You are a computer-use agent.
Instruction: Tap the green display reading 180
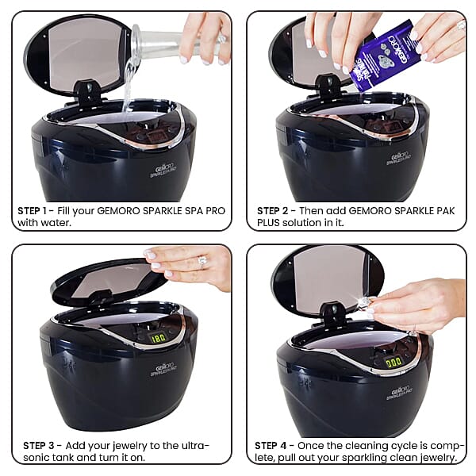(159, 339)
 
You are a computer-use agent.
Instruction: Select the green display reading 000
(393, 362)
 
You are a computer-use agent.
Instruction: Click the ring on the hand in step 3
(202, 259)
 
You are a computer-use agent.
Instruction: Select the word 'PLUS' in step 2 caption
(270, 223)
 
